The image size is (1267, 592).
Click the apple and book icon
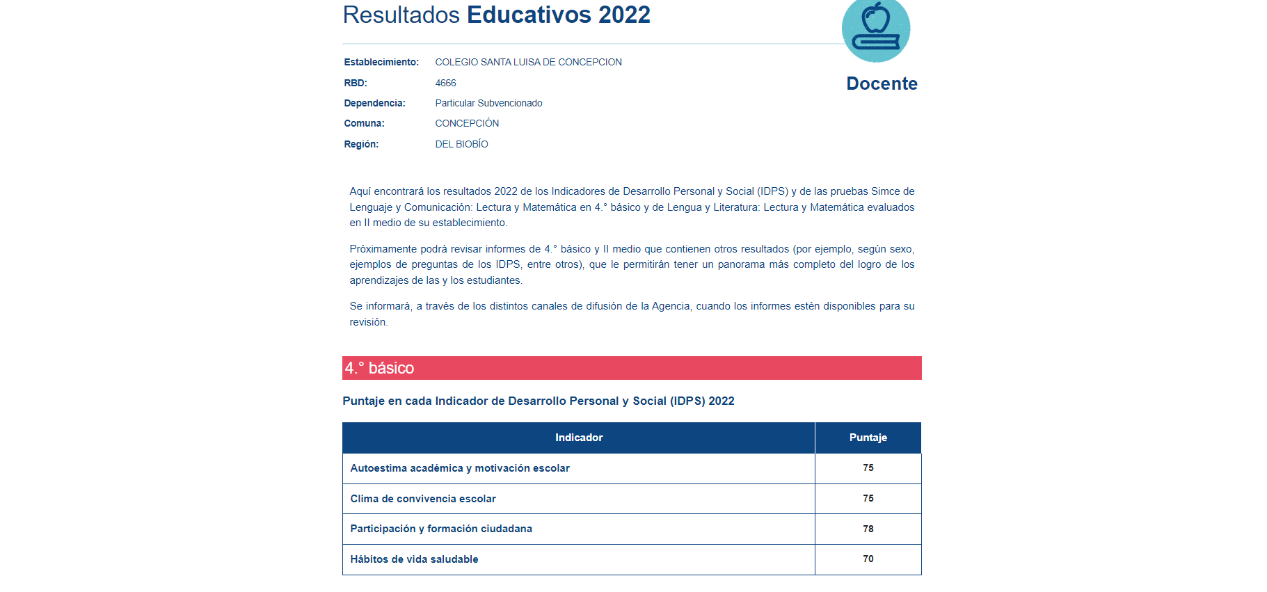tap(875, 29)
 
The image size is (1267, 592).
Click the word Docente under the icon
tap(882, 83)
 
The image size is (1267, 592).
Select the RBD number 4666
tap(445, 83)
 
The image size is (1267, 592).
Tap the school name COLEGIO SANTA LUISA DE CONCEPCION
tap(528, 62)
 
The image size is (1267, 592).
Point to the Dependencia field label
tap(374, 103)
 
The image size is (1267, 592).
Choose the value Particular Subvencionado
tap(488, 103)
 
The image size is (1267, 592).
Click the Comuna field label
tap(364, 123)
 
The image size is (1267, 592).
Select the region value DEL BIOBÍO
tap(461, 144)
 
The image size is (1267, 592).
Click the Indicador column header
tap(578, 438)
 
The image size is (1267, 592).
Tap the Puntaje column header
tap(868, 438)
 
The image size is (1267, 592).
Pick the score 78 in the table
tap(868, 529)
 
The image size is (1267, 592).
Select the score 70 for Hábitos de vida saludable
tap(868, 559)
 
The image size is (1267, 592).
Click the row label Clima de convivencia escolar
tap(423, 499)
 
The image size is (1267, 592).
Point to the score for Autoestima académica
tap(868, 467)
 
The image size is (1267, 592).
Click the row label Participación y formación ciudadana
tap(441, 529)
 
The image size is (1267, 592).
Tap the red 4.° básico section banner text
tap(379, 368)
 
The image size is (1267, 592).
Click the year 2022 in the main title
tap(624, 15)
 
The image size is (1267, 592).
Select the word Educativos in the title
tap(529, 15)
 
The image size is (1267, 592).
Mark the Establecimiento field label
tap(381, 62)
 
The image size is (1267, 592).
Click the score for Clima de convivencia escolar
tap(868, 498)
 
